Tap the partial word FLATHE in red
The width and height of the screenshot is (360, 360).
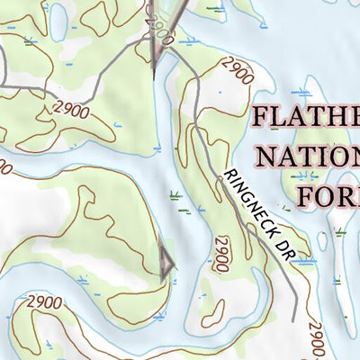(305, 117)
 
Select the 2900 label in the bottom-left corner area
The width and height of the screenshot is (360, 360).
(44, 301)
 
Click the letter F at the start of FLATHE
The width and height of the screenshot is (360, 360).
(262, 117)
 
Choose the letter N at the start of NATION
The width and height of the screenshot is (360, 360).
(269, 157)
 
